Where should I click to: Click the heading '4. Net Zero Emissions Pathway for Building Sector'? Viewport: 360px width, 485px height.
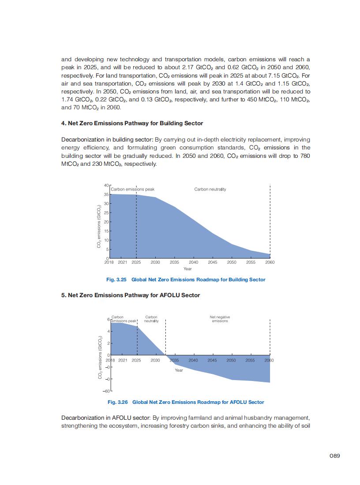pyautogui.click(x=132, y=123)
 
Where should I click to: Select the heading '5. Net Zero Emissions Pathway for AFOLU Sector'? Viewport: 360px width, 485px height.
pyautogui.click(x=130, y=295)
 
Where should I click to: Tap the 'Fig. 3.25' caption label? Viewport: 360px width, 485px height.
pyautogui.click(x=116, y=280)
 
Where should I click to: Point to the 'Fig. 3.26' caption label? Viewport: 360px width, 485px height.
pyautogui.click(x=117, y=402)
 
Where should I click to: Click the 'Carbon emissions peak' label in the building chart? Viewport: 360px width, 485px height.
pyautogui.click(x=132, y=189)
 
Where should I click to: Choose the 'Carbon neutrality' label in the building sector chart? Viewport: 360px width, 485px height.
pyautogui.click(x=210, y=189)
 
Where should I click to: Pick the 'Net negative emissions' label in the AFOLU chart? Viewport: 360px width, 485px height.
pyautogui.click(x=220, y=319)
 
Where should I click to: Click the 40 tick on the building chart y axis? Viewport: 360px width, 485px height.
pyautogui.click(x=106, y=185)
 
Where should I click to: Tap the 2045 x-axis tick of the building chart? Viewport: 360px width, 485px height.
pyautogui.click(x=213, y=262)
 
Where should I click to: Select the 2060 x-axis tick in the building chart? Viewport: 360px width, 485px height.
pyautogui.click(x=270, y=262)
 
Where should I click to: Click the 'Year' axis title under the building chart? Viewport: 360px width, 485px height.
pyautogui.click(x=187, y=269)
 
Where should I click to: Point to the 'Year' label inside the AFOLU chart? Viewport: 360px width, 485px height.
pyautogui.click(x=179, y=370)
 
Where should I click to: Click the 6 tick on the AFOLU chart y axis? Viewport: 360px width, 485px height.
pyautogui.click(x=109, y=319)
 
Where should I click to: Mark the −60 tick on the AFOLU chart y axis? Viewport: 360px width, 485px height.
pyautogui.click(x=106, y=391)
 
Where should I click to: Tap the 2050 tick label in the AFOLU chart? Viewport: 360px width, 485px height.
pyautogui.click(x=231, y=360)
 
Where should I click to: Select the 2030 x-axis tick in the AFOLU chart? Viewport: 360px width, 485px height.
pyautogui.click(x=155, y=360)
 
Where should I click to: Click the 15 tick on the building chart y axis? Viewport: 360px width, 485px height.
pyautogui.click(x=106, y=231)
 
